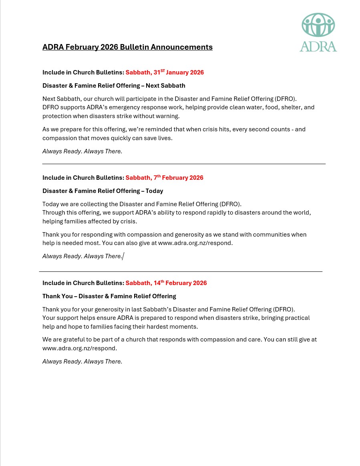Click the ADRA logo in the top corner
pyautogui.click(x=318, y=32)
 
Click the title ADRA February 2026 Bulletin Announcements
pyautogui.click(x=127, y=47)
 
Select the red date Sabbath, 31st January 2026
pyautogui.click(x=165, y=72)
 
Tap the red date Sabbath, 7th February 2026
pyautogui.click(x=164, y=178)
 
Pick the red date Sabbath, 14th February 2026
pyautogui.click(x=166, y=283)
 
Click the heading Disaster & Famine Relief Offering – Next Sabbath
pyautogui.click(x=114, y=86)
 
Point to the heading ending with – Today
pyautogui.click(x=103, y=191)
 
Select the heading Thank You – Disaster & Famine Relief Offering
pyautogui.click(x=109, y=296)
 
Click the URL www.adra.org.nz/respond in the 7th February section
pyautogui.click(x=195, y=243)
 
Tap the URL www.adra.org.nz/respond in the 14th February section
pyautogui.click(x=79, y=348)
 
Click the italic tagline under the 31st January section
pyautogui.click(x=82, y=151)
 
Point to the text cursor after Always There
pyautogui.click(x=123, y=256)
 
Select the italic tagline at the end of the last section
pyautogui.click(x=82, y=362)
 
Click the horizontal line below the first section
pyautogui.click(x=184, y=164)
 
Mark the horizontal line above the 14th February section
pyautogui.click(x=181, y=271)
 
